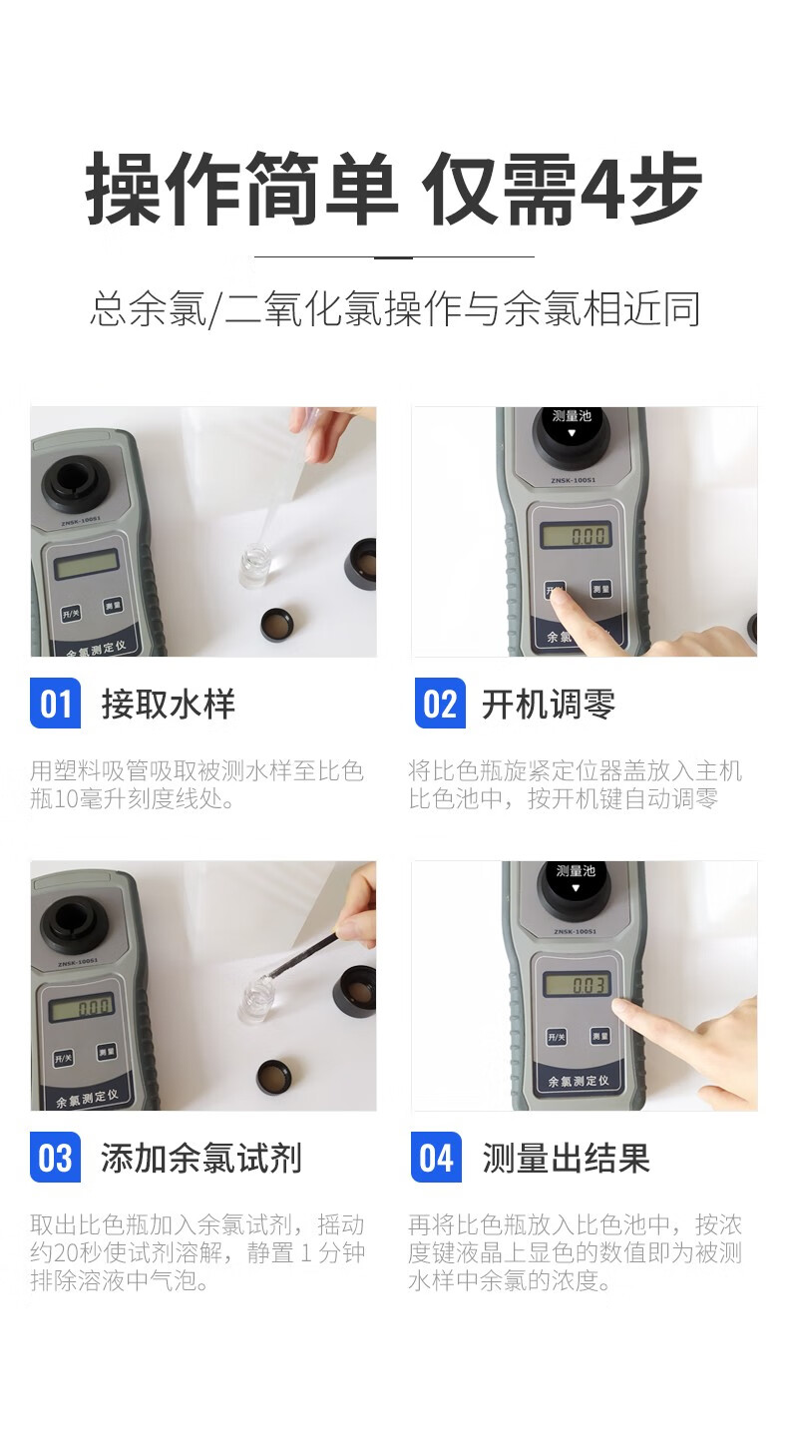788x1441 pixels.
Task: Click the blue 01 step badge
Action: [x=55, y=704]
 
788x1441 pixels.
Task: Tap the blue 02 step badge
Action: [x=440, y=704]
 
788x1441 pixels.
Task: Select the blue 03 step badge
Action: [x=55, y=1158]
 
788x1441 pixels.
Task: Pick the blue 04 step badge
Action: [x=437, y=1158]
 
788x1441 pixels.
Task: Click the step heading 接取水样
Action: [x=169, y=704]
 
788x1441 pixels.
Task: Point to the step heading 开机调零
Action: [x=549, y=704]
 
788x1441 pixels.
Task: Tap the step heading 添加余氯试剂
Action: [x=201, y=1158]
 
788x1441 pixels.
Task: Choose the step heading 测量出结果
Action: [x=567, y=1158]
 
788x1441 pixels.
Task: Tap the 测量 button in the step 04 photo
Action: [x=600, y=1037]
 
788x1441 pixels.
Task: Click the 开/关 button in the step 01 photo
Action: [x=71, y=613]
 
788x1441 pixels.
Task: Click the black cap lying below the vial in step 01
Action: [x=277, y=624]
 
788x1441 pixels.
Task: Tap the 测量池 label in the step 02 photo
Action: [x=572, y=416]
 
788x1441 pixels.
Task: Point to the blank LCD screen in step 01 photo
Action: [x=86, y=564]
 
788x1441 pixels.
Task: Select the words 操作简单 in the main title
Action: [x=240, y=189]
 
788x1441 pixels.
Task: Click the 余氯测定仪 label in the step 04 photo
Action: [x=579, y=1082]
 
